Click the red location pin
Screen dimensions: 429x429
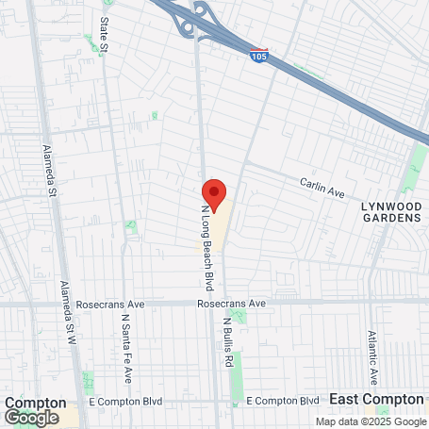214,194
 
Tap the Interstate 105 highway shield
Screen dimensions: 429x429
259,57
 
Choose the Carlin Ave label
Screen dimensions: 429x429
323,188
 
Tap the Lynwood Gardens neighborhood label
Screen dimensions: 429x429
391,211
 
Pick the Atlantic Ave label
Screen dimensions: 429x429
373,357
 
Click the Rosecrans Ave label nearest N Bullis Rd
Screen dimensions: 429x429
232,304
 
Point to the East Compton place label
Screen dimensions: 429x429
377,399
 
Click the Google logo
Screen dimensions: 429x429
31,417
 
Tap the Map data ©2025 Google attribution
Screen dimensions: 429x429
371,421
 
